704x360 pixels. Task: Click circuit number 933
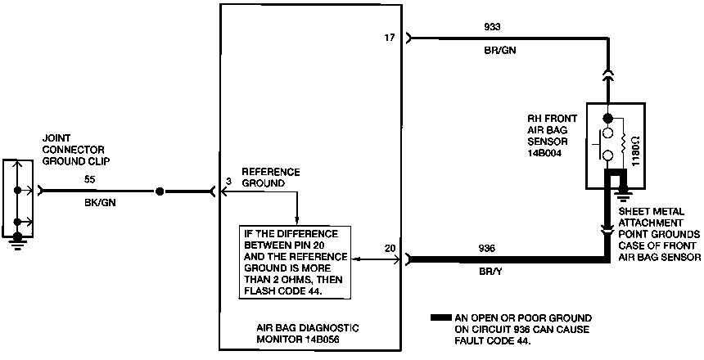pos(493,25)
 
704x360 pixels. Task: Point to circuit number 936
pos(485,248)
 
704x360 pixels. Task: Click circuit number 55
pos(89,178)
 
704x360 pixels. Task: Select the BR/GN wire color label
pos(499,50)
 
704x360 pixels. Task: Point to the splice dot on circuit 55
pos(160,191)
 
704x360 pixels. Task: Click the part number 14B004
pos(546,151)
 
